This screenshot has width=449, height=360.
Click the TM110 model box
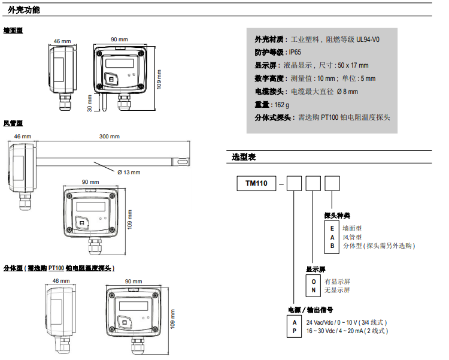tap(256, 183)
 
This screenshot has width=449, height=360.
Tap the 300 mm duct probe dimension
tap(110, 137)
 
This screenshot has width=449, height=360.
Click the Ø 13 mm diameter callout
tap(129, 173)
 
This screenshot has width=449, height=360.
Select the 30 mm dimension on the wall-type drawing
tap(90, 103)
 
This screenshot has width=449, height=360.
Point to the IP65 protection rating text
tap(295, 52)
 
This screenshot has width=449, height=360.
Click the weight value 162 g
tap(281, 105)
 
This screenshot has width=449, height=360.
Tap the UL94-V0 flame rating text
tap(368, 40)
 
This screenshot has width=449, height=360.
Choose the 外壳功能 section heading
tap(24, 10)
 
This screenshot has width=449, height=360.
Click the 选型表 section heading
tap(244, 157)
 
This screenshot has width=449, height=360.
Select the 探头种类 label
tap(336, 216)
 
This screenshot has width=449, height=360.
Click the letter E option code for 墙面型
tap(332, 228)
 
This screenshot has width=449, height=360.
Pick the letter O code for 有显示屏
tap(313, 282)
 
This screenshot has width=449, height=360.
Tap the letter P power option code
tap(295, 331)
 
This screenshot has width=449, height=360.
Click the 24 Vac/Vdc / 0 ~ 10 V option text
tap(347, 323)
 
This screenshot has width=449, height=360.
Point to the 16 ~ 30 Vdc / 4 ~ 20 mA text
tap(347, 331)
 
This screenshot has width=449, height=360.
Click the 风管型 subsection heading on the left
tap(13, 123)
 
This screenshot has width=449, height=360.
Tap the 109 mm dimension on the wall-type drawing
tap(159, 80)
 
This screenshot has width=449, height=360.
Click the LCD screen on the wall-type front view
tap(120, 63)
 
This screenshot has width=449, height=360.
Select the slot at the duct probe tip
tap(183, 162)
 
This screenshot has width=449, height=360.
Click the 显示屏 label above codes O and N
tap(315, 270)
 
